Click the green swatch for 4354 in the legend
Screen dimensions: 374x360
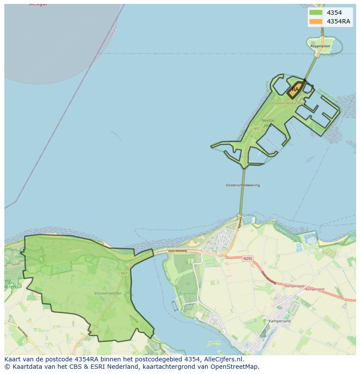click(316, 13)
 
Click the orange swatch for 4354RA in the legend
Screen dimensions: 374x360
click(316, 21)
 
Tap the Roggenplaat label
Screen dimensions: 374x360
click(320, 46)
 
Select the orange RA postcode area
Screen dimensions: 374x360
click(295, 89)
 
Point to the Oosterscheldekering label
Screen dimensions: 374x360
click(243, 185)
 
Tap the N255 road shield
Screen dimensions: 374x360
click(247, 258)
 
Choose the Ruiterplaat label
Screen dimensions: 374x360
click(188, 294)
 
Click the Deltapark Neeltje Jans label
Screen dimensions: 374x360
click(285, 103)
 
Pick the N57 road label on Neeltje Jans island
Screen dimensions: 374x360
click(257, 129)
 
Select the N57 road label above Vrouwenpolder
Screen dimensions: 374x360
click(124, 273)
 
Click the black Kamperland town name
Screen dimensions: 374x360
click(280, 321)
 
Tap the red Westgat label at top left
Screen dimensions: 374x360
click(38, 4)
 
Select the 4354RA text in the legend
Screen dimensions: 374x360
click(338, 21)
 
